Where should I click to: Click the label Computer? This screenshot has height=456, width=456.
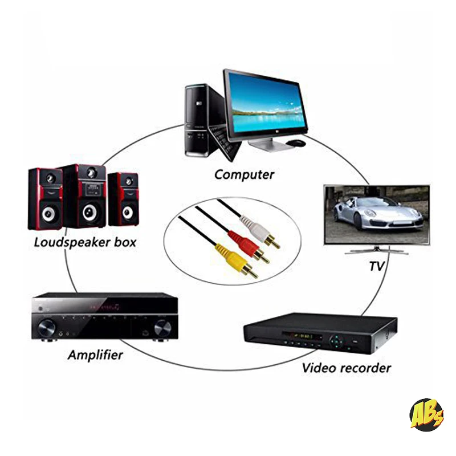click(x=244, y=175)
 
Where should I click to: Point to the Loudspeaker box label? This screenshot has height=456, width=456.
click(x=85, y=242)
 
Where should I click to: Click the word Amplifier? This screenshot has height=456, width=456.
click(x=95, y=355)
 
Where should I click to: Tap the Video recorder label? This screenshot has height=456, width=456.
click(x=346, y=368)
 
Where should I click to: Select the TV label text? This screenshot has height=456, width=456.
click(x=376, y=266)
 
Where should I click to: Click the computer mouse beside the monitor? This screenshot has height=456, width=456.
click(x=296, y=142)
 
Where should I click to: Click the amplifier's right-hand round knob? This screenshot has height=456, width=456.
click(x=162, y=327)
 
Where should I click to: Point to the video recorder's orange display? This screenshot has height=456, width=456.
click(x=302, y=337)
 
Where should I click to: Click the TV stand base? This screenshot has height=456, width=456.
click(x=376, y=250)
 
